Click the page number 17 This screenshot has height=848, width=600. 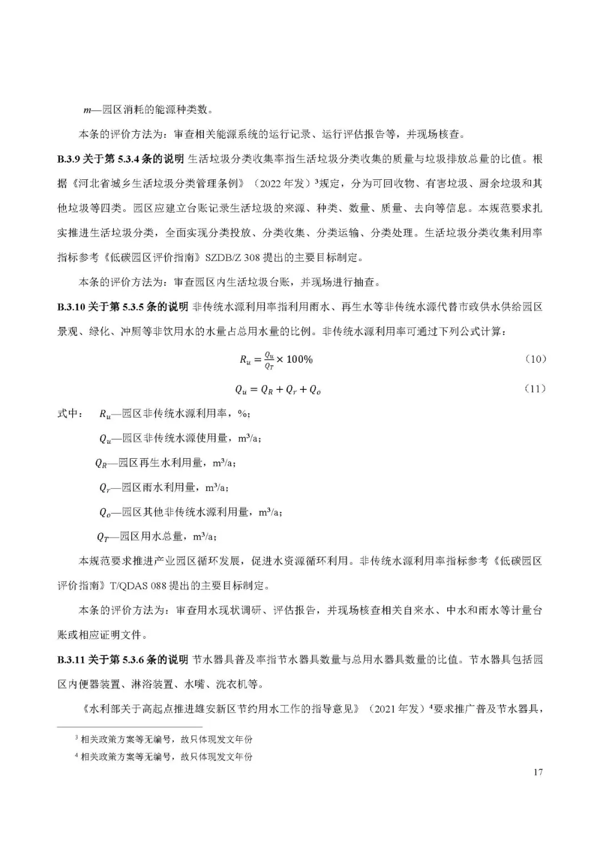[x=537, y=772]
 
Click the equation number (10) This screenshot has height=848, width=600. [x=536, y=359]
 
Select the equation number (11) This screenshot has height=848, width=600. [x=535, y=389]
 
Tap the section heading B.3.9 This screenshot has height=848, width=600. [x=69, y=159]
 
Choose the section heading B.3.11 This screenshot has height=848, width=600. [x=71, y=660]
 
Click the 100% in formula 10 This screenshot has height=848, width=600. [x=299, y=359]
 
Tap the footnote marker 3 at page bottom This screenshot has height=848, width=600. [x=77, y=739]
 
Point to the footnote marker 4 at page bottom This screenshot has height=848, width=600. [x=77, y=756]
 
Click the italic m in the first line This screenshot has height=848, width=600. [x=87, y=110]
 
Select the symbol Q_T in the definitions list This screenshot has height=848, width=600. [x=103, y=537]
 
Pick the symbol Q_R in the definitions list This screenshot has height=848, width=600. [x=101, y=463]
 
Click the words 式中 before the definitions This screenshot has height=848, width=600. [x=69, y=414]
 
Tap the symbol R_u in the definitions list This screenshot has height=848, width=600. [x=105, y=414]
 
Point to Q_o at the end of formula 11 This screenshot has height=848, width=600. [x=315, y=390]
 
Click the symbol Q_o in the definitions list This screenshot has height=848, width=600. [x=105, y=513]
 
